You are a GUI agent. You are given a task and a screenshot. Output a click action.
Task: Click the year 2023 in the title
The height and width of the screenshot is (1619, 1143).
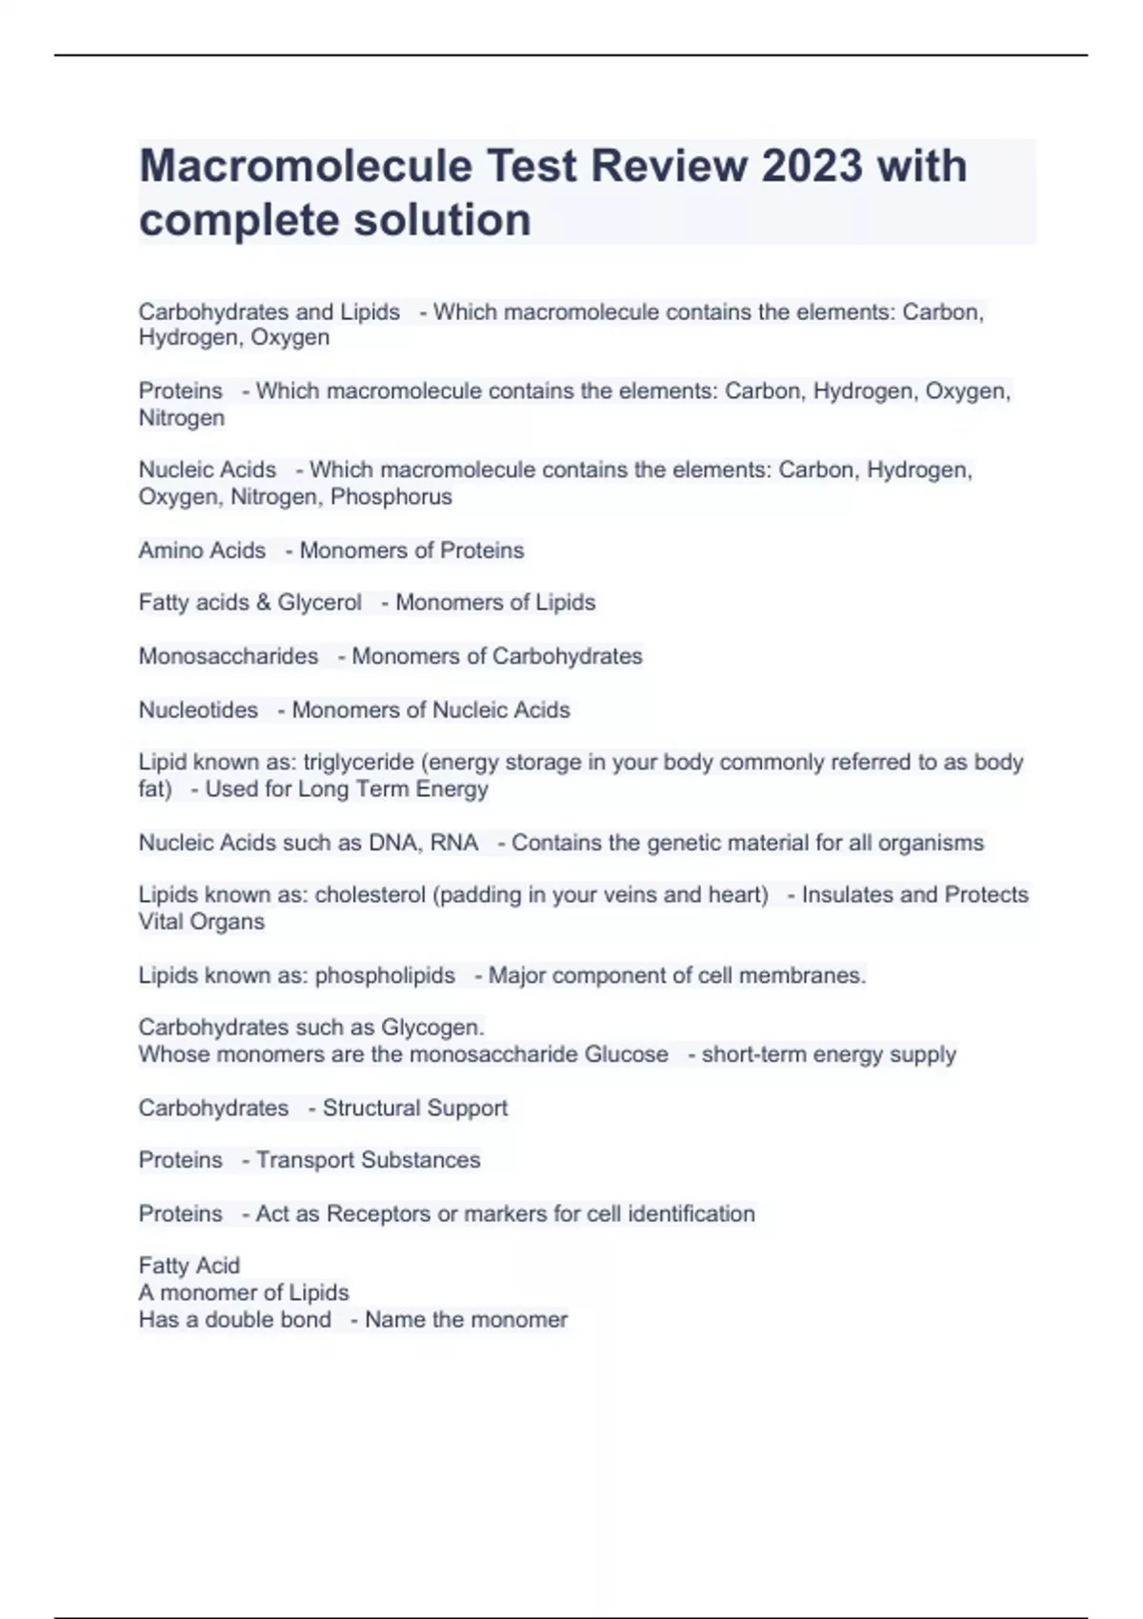812,166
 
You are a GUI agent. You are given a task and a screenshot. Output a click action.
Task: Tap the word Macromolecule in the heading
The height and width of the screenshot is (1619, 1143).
306,166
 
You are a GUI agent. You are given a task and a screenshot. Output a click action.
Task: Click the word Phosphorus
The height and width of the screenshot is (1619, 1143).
391,497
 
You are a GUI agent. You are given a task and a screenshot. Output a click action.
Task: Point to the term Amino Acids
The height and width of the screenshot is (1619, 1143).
202,550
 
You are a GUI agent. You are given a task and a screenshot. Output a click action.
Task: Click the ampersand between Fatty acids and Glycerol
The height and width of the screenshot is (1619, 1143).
263,603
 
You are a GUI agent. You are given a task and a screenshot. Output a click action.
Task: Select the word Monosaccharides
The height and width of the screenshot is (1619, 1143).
229,656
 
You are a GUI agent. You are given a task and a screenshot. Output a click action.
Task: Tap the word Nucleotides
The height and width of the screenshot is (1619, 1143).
198,710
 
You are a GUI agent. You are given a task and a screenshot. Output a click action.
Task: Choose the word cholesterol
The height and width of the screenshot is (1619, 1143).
371,895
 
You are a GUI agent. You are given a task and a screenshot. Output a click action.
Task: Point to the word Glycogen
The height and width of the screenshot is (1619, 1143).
432,1028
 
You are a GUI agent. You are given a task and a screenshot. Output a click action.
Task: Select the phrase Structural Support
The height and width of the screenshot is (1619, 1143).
414,1109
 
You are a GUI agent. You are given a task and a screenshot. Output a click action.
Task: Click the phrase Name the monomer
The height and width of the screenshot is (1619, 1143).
466,1320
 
